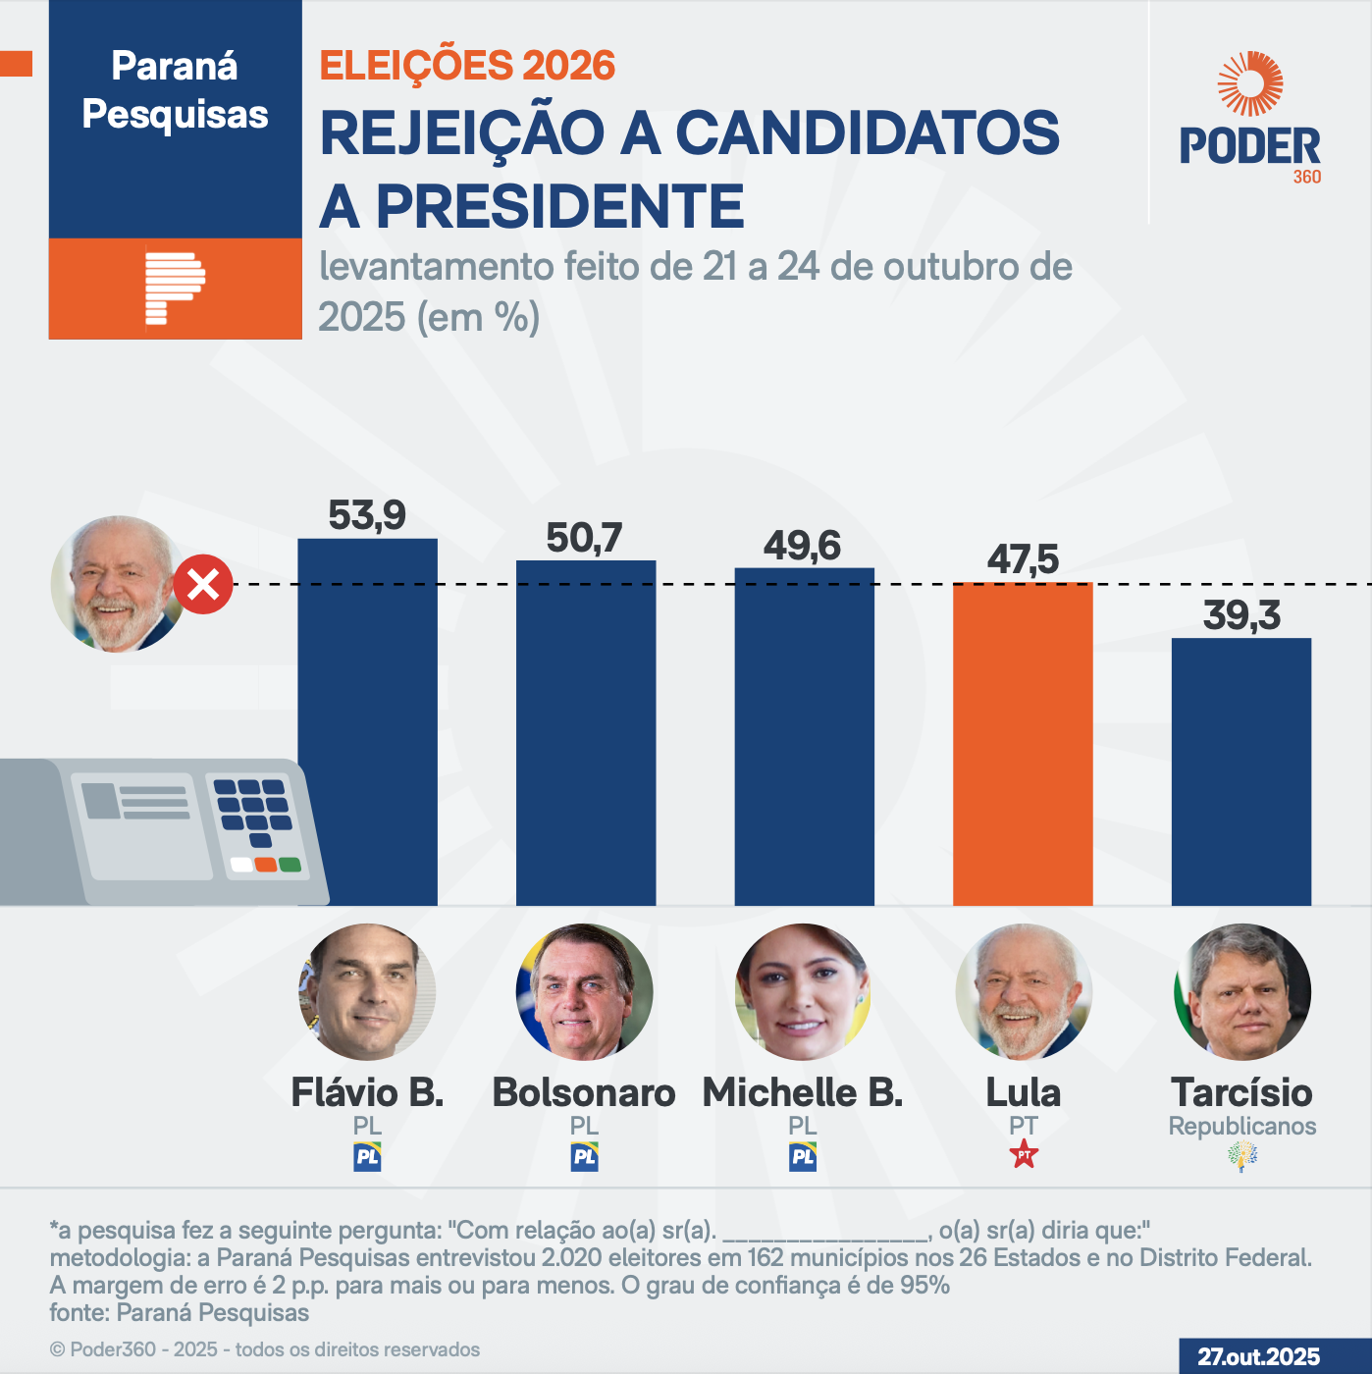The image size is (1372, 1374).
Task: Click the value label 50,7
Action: pos(584,538)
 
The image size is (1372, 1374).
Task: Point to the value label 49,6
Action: pos(802,546)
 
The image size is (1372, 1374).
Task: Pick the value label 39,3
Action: pos(1241,615)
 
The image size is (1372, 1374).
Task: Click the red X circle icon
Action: pos(203,585)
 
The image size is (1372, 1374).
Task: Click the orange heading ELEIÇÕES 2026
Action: pos(467,66)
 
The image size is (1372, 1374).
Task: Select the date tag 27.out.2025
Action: pos(1259,1356)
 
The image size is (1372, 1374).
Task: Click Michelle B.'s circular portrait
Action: pos(803,991)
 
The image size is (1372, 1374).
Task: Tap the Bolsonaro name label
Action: pos(584,1092)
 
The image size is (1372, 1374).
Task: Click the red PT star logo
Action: pos(1024,1155)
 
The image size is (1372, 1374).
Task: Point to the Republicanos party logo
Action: pos(1242,1156)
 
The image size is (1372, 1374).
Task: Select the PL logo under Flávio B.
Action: pos(367,1156)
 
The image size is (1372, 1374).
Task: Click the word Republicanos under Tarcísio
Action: pos(1242,1126)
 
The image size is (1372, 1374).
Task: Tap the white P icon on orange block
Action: pos(174,288)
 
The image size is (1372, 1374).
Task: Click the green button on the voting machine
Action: pos(290,865)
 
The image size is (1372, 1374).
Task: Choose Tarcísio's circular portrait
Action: pos(1242,991)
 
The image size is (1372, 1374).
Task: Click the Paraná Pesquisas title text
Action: pos(175,90)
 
